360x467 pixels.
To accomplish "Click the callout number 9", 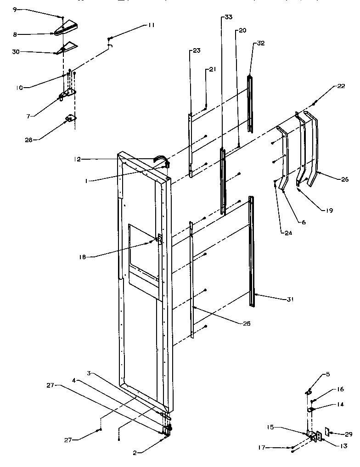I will pyautogui.click(x=14, y=9).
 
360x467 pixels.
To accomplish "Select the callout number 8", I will pyautogui.click(x=14, y=33).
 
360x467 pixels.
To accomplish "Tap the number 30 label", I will pyautogui.click(x=16, y=52).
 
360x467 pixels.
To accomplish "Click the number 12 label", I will pyautogui.click(x=77, y=159).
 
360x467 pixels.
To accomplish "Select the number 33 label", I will pyautogui.click(x=228, y=17).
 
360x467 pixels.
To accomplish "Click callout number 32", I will pyautogui.click(x=261, y=43).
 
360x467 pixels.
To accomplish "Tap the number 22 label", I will pyautogui.click(x=340, y=86).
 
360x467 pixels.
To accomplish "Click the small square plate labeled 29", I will pyautogui.click(x=327, y=432).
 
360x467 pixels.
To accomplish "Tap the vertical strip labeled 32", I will pyautogui.click(x=250, y=103).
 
